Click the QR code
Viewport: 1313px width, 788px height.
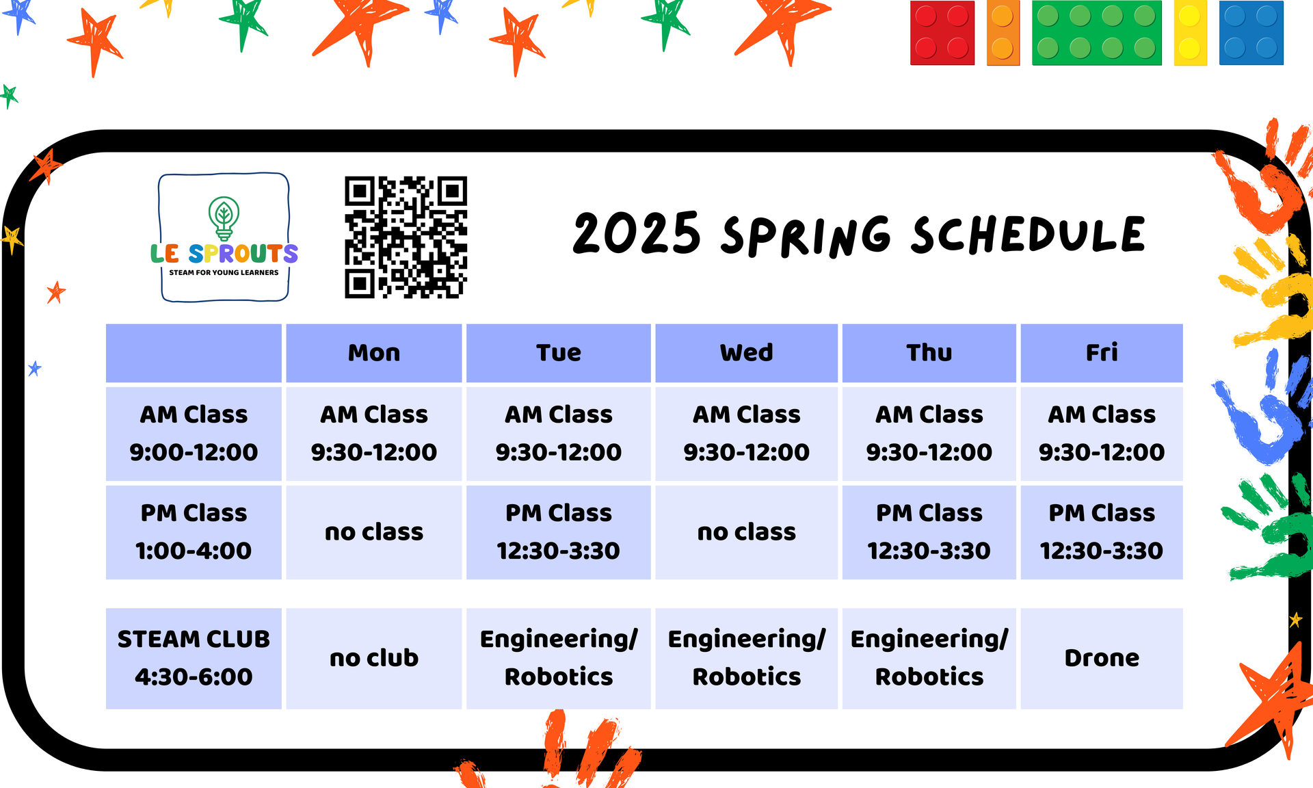pos(406,237)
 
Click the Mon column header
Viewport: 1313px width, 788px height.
pos(374,353)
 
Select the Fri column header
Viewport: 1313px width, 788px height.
pos(1102,353)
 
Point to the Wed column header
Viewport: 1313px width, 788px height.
pos(746,353)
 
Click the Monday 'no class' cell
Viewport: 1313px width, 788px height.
pos(374,532)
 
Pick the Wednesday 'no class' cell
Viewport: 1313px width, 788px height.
pos(746,532)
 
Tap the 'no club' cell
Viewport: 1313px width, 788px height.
pos(374,658)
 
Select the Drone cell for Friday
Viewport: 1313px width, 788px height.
pos(1102,658)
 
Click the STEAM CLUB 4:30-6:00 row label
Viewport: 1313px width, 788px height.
pos(194,658)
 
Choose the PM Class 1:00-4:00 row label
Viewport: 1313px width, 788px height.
pos(194,532)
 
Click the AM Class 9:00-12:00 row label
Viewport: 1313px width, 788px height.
pos(194,434)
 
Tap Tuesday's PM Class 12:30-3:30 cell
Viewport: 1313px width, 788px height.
pos(559,532)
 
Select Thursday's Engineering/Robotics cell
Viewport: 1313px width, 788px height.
pos(929,658)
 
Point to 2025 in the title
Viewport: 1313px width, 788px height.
pos(637,233)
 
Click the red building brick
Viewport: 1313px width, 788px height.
pos(942,33)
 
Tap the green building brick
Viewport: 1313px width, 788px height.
pos(1097,33)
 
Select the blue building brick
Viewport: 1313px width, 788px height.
pos(1251,33)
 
